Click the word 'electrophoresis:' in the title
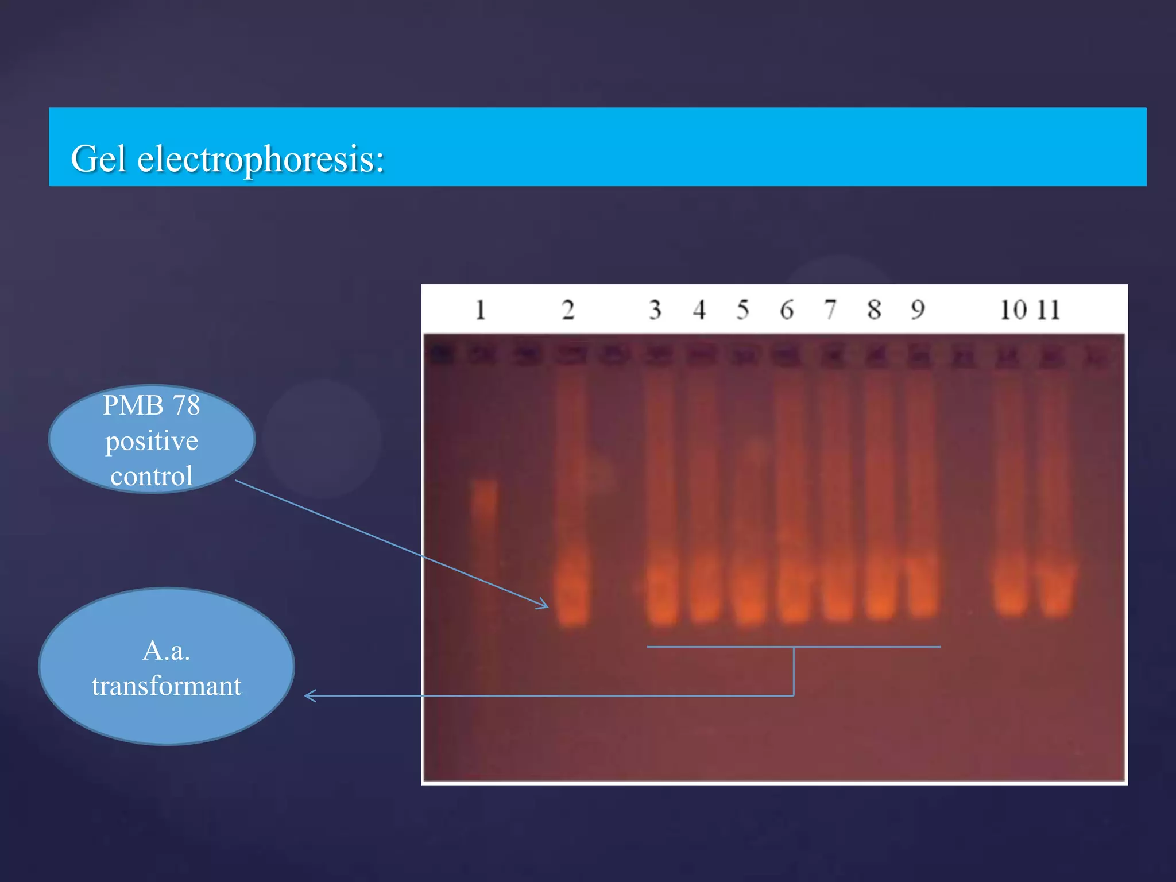coord(260,160)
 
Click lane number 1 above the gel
coord(481,310)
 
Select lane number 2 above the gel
coord(568,310)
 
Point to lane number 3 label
coord(655,310)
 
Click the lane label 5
coord(742,310)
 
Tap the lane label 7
coord(830,310)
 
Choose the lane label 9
coord(918,310)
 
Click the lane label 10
coord(1013,310)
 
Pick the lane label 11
coord(1049,310)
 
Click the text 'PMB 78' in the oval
coord(151,405)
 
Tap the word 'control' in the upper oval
coord(152,476)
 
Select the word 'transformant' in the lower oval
coord(167,686)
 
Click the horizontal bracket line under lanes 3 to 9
coord(718,647)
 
